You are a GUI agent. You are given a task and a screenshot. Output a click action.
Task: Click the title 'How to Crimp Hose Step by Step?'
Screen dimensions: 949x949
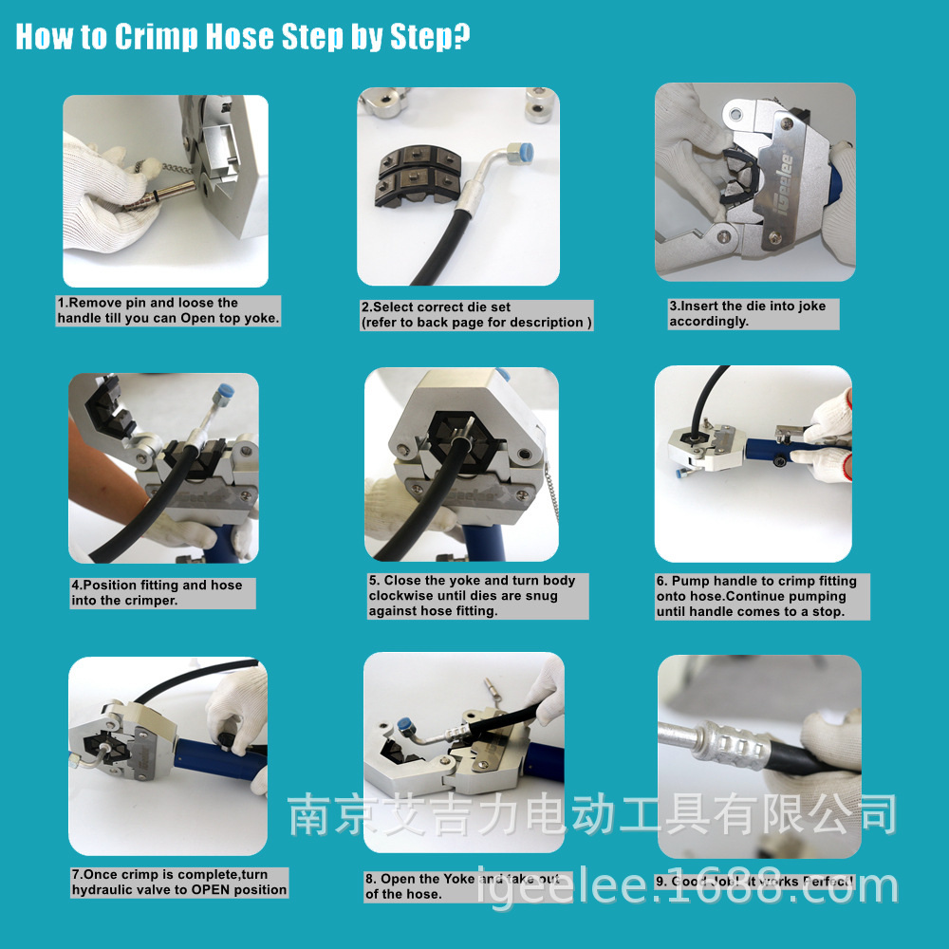[x=242, y=37]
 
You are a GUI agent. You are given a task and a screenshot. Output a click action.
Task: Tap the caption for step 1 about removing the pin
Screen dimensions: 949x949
[x=169, y=311]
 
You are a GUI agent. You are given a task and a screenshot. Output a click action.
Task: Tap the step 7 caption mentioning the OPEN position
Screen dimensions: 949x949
[x=178, y=883]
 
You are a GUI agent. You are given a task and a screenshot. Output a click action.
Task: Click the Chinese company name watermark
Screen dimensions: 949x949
[x=592, y=815]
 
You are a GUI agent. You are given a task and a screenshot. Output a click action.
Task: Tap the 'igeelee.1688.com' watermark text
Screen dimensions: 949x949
[x=687, y=885]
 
